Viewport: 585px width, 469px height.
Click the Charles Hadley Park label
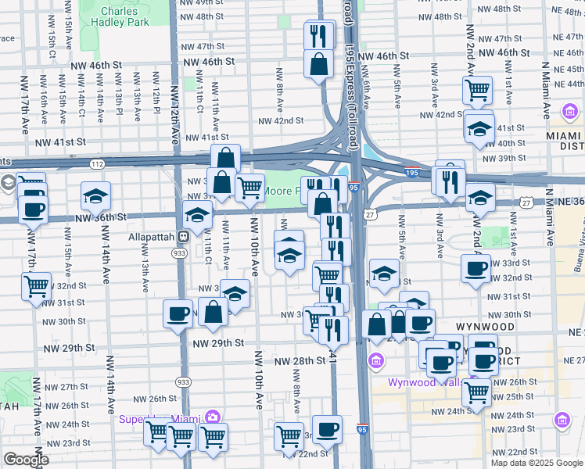[125, 19]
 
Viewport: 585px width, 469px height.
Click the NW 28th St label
[300, 360]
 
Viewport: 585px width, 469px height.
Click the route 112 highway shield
[96, 164]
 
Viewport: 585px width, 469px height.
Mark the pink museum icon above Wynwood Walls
[376, 361]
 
